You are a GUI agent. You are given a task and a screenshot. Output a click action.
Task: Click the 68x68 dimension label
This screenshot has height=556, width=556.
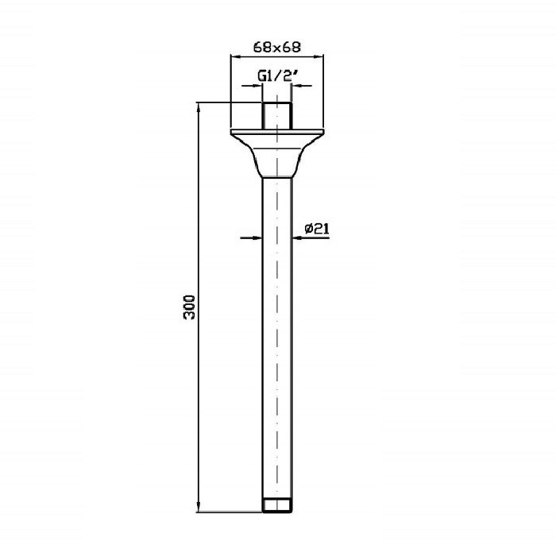point(277,47)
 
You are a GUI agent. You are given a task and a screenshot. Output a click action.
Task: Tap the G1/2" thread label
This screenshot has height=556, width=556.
point(275,76)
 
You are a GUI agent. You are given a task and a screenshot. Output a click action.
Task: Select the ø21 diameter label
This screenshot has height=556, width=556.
point(317,229)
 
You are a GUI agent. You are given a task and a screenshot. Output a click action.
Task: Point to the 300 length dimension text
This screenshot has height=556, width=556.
point(189,307)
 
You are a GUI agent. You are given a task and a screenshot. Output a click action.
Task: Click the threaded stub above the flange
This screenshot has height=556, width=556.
point(277,116)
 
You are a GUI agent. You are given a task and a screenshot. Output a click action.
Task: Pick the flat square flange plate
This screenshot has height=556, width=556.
point(277,132)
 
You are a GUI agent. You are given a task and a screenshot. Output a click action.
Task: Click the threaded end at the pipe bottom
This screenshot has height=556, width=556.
point(277,506)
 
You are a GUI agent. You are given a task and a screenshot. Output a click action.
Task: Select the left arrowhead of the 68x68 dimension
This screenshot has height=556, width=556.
point(235,56)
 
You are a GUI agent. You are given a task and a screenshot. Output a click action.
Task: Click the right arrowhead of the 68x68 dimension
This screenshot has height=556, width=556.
point(319,56)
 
